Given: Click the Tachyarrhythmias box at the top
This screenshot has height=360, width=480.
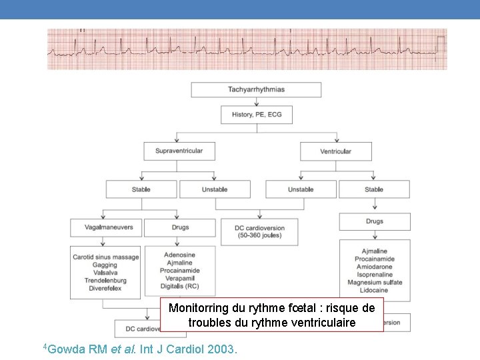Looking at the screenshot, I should click(x=256, y=89).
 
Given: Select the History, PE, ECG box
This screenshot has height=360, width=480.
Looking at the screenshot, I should click(x=257, y=115).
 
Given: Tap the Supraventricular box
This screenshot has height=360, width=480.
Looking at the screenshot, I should click(x=179, y=151).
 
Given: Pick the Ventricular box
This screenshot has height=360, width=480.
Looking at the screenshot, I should click(x=335, y=151).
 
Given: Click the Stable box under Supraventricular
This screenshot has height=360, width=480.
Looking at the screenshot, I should click(x=141, y=189).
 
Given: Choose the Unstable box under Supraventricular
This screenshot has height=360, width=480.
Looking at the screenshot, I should click(x=215, y=189).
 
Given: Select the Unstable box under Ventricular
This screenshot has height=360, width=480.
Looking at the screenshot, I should click(x=301, y=189).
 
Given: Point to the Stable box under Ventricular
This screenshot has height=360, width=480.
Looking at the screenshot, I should click(x=374, y=189).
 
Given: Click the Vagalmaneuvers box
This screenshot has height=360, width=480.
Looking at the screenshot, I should click(x=105, y=227).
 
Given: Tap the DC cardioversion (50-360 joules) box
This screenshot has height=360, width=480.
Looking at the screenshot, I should click(x=259, y=231).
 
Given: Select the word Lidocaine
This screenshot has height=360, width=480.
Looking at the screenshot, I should click(x=374, y=291).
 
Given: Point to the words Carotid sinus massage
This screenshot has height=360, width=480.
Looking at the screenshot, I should click(x=106, y=257).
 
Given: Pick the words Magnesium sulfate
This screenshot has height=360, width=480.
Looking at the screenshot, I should click(x=374, y=283).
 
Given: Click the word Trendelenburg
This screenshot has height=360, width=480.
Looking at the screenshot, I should click(x=106, y=281).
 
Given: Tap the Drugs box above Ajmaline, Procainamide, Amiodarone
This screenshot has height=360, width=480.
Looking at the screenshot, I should click(x=374, y=221).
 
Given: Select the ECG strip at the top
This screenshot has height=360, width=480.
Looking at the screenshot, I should click(x=247, y=49).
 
